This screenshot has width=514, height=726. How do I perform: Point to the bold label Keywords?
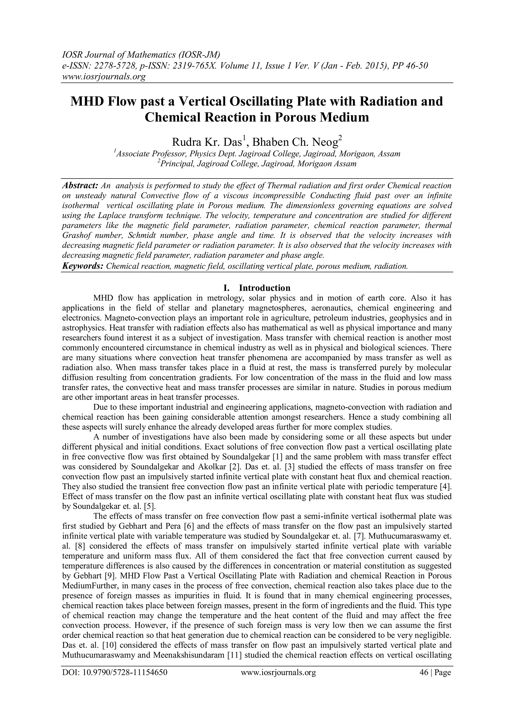[x=83, y=266]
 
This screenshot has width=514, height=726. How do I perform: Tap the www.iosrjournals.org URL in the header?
[x=103, y=76]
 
